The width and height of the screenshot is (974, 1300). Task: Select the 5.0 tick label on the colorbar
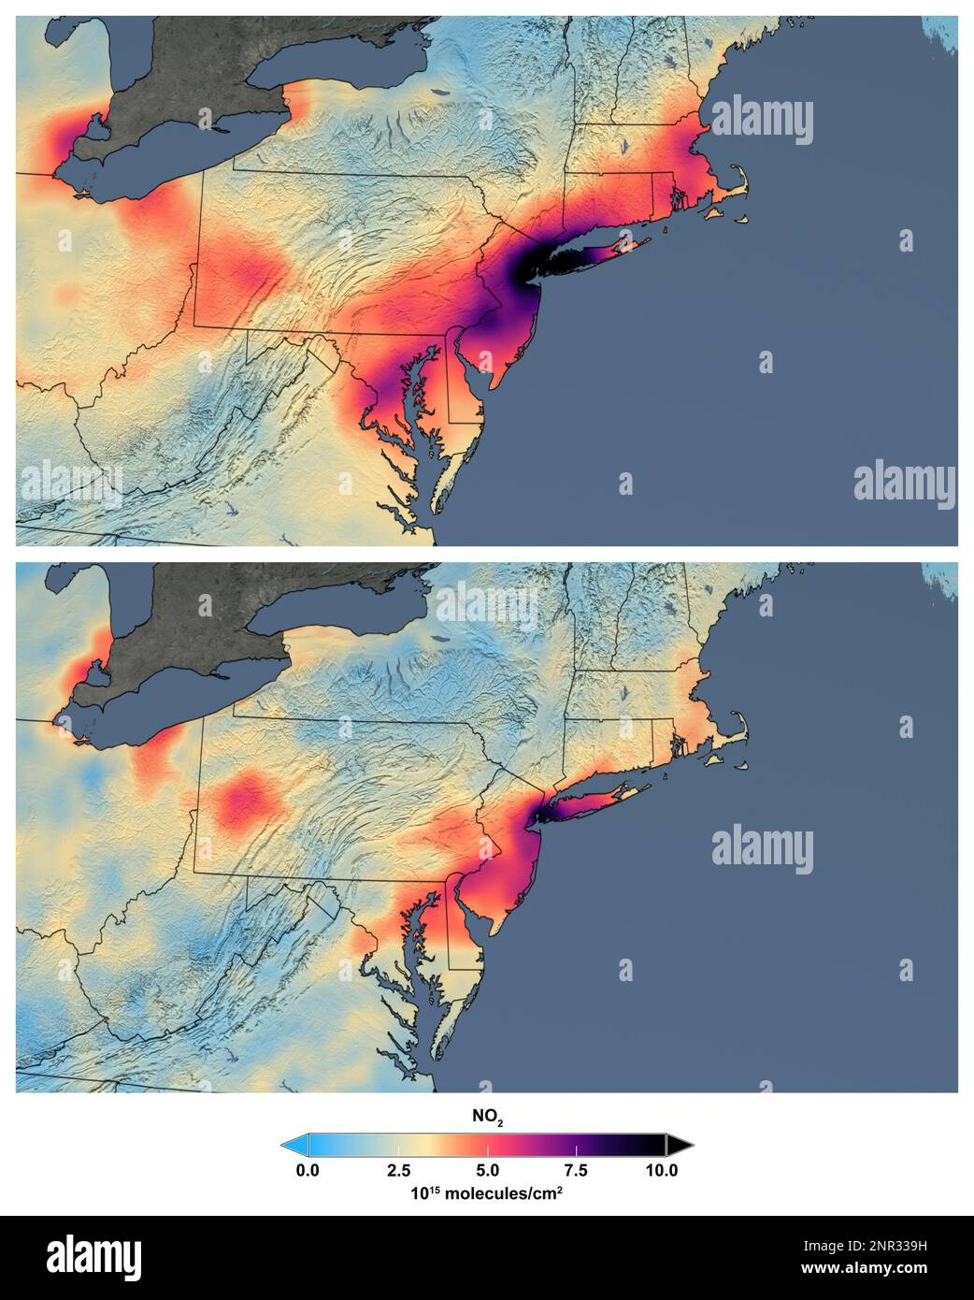[x=487, y=1170]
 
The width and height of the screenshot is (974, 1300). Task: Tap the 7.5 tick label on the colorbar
[x=576, y=1170]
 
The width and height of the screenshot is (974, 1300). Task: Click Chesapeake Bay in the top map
[x=411, y=412]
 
